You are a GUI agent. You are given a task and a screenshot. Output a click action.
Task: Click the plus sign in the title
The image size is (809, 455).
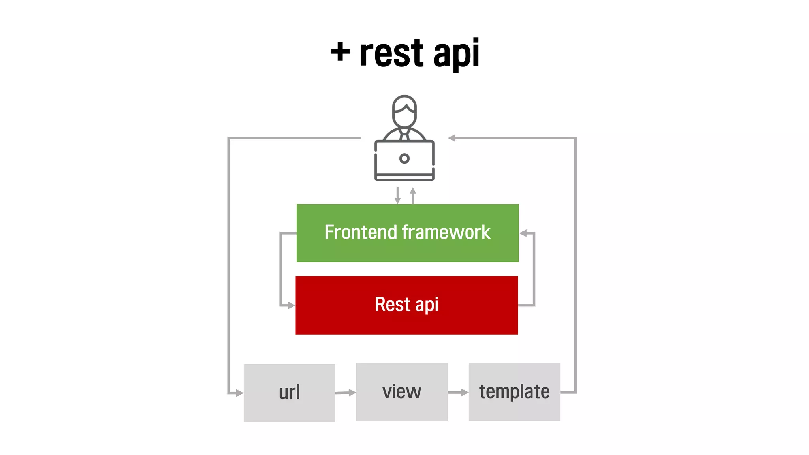coord(340,52)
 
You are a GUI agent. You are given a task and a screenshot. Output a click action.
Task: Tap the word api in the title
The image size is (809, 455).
coord(456,55)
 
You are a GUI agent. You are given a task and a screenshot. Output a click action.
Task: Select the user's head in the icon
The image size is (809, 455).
coord(404,111)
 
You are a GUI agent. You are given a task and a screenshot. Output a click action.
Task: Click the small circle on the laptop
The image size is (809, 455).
coord(404,158)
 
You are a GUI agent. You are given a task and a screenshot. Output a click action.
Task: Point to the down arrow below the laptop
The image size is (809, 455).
coord(397,196)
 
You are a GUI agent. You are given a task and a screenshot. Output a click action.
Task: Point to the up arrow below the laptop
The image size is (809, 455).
coord(413,195)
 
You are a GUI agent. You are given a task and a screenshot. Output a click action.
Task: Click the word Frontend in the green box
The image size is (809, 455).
coord(360,232)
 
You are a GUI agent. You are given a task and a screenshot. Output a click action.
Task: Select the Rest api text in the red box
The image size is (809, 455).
coord(406,305)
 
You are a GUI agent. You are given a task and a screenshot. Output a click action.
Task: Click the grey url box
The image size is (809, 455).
coord(289,393)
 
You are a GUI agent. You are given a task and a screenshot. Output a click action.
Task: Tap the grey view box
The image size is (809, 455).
coord(402,392)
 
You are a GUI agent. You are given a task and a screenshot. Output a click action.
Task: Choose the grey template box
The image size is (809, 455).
coord(514,392)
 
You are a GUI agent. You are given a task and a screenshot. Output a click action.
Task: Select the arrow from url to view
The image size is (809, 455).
coord(346,393)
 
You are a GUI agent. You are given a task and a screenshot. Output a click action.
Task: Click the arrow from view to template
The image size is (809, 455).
coord(458,392)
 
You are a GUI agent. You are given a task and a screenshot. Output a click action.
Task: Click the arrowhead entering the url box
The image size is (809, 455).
coord(239,393)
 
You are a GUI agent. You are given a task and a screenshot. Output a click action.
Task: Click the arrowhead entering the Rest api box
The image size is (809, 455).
coord(292,305)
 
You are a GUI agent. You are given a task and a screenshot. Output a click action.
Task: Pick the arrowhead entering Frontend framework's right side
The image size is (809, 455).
coord(523,233)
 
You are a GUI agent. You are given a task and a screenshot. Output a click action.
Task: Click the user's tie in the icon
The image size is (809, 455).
coord(404,136)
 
